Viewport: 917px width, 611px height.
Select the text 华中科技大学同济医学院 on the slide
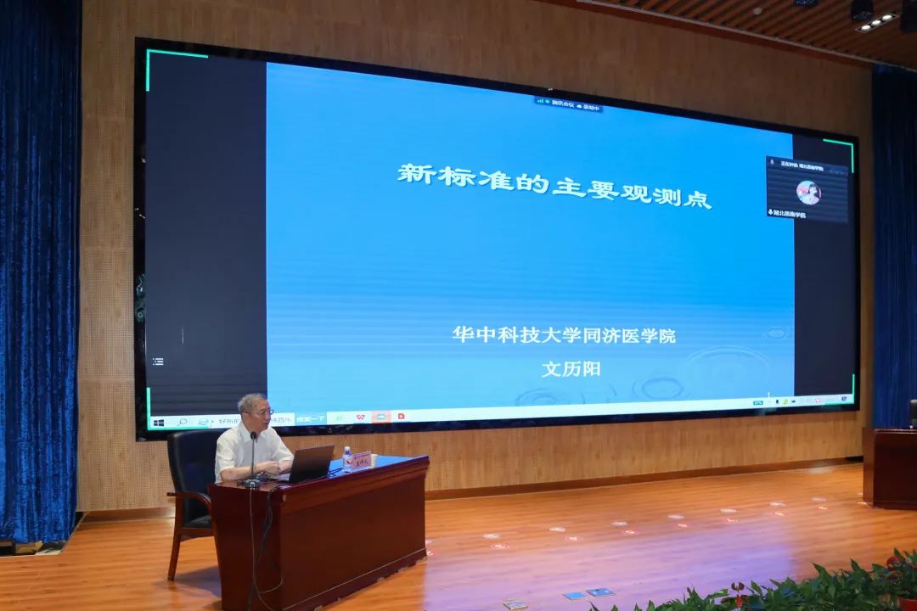[x=563, y=335]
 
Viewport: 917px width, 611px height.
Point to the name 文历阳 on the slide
[x=571, y=370]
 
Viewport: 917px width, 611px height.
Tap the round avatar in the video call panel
[x=807, y=193]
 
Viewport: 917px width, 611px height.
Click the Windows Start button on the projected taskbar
[x=159, y=422]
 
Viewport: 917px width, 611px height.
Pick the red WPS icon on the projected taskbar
[x=360, y=418]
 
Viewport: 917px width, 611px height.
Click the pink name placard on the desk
[x=362, y=461]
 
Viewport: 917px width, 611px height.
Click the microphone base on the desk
[x=252, y=483]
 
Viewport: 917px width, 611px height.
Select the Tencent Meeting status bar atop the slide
[x=568, y=105]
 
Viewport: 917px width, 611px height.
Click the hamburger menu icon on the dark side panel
[x=158, y=362]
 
